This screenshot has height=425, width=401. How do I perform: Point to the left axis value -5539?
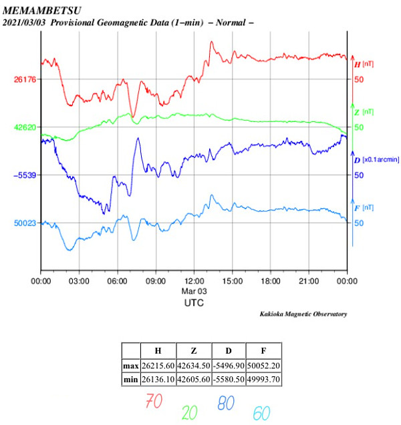click(x=25, y=175)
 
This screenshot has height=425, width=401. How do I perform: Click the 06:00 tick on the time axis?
click(x=118, y=282)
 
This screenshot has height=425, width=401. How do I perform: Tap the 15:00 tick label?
click(x=233, y=282)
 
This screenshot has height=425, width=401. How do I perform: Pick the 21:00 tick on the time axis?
click(x=309, y=282)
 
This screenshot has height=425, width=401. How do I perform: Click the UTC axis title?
click(x=194, y=303)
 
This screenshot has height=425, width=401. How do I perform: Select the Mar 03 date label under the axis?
click(x=194, y=292)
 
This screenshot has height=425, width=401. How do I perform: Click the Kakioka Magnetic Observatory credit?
click(x=303, y=314)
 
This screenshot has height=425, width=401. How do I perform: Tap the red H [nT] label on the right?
click(x=363, y=64)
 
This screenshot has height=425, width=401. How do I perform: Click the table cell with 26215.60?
click(x=158, y=366)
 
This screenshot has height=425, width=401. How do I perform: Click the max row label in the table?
click(x=130, y=366)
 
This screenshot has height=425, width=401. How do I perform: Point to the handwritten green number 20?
click(x=190, y=412)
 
